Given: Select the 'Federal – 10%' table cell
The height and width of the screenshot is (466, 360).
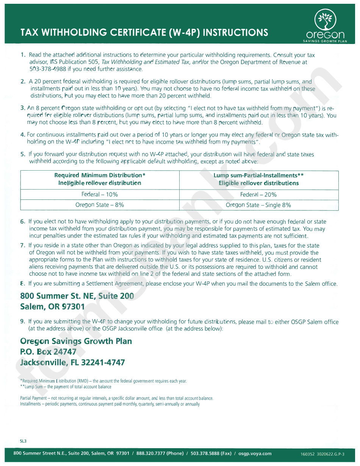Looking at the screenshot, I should pyautogui.click(x=100, y=195).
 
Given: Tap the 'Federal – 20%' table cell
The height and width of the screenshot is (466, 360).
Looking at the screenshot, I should pyautogui.click(x=258, y=195).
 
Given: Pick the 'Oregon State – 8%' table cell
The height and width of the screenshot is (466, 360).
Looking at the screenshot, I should pyautogui.click(x=100, y=205).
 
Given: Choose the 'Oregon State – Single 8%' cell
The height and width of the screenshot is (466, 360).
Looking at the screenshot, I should pyautogui.click(x=258, y=205).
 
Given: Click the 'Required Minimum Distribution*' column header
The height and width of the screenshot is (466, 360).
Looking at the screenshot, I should pyautogui.click(x=100, y=175).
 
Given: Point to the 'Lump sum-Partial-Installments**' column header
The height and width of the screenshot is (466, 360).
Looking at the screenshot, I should pyautogui.click(x=258, y=175).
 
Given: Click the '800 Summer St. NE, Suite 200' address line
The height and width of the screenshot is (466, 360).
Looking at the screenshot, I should pyautogui.click(x=77, y=296).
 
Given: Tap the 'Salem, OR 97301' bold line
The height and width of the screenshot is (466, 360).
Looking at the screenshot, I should pyautogui.click(x=52, y=307).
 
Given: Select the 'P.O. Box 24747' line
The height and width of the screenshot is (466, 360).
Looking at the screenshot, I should pyautogui.click(x=48, y=352).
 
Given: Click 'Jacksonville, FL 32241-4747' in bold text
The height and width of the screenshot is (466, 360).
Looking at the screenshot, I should pyautogui.click(x=72, y=362).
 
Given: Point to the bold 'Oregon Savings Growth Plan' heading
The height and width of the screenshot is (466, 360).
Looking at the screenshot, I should pyautogui.click(x=76, y=341).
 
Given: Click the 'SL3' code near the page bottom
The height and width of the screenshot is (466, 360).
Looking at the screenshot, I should pyautogui.click(x=23, y=441).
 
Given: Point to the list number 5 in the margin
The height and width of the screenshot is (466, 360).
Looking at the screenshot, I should pyautogui.click(x=23, y=154).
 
